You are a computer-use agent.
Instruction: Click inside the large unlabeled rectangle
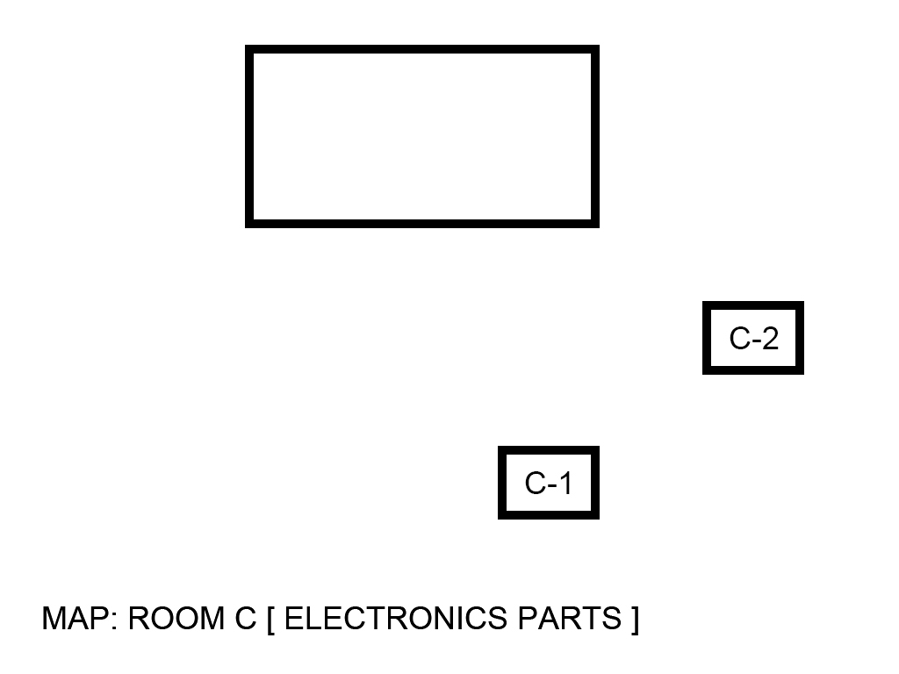(421, 136)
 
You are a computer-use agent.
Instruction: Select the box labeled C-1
(548, 483)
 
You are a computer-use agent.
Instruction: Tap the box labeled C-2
(753, 338)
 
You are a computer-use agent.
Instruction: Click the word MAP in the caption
(74, 619)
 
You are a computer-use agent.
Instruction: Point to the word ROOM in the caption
(176, 619)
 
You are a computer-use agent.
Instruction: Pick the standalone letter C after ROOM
(245, 619)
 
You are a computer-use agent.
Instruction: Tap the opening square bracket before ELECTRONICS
(271, 620)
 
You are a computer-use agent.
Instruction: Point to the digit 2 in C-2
(770, 338)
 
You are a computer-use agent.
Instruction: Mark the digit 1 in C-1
(565, 483)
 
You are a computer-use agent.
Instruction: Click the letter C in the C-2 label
(738, 338)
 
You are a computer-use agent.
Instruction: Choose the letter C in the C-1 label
(535, 483)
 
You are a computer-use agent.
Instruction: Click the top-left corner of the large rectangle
(249, 50)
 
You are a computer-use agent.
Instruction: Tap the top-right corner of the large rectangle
(595, 50)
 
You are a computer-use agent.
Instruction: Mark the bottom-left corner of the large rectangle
(249, 223)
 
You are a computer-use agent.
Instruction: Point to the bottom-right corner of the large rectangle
(595, 223)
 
